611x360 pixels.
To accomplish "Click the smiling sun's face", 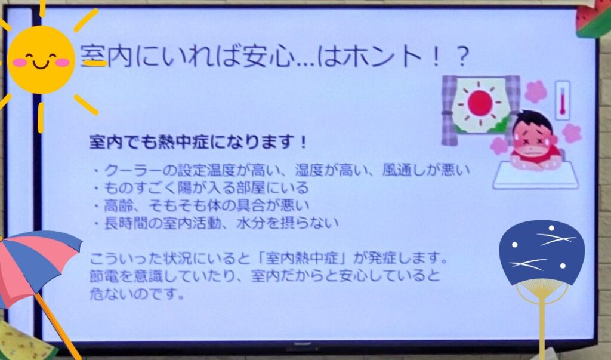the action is pos(41,60).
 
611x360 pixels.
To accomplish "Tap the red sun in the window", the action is pos(480,102).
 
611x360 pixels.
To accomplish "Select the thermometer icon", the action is pos(562,99).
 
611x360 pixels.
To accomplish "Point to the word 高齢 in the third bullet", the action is pos(118,205).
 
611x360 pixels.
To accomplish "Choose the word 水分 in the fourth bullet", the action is pos(251,223).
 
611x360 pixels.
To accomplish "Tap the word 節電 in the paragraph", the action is pos(104,276).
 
